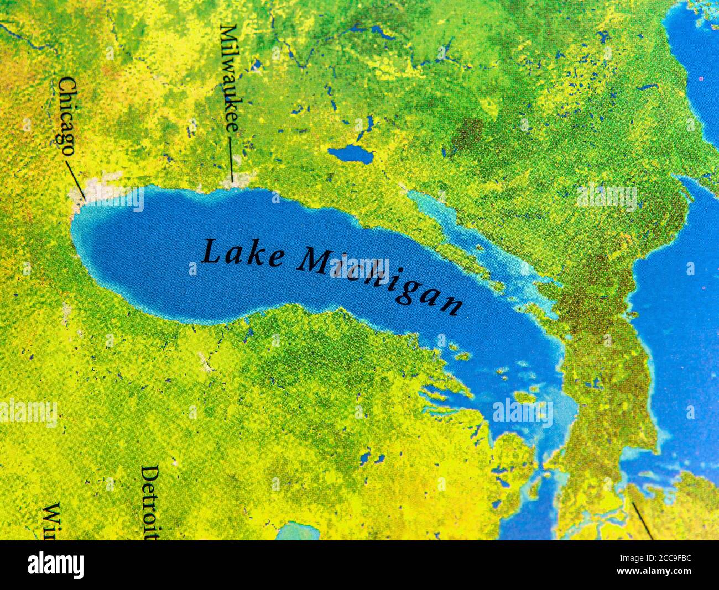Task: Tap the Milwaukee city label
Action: (x=229, y=78)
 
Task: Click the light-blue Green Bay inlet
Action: (x=470, y=243)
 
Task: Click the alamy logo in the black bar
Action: (x=55, y=565)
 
